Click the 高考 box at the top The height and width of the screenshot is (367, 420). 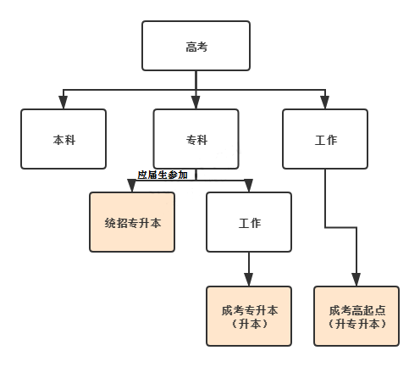point(196,47)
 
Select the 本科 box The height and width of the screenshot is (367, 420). point(64,139)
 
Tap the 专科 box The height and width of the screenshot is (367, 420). point(196,139)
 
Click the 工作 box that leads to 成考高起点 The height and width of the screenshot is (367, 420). point(325,139)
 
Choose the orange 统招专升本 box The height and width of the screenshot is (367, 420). point(131,222)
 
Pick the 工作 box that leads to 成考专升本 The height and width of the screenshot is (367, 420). point(248,222)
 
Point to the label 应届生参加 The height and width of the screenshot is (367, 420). point(162,175)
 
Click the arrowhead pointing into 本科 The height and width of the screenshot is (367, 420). point(64,103)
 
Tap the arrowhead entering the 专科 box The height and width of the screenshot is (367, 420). point(196,103)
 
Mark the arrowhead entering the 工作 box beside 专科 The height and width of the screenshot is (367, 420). point(325,103)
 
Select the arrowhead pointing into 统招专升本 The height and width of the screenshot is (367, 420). point(131,186)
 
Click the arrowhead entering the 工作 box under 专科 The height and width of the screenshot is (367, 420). point(248,186)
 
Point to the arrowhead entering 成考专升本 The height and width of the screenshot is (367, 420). point(248,281)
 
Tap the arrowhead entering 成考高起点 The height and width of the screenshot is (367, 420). point(356,281)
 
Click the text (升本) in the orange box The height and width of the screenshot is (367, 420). point(248,324)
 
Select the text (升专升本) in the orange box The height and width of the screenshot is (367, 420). point(356,324)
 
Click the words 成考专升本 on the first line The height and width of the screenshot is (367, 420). point(248,309)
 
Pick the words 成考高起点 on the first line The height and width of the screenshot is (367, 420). point(356,309)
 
